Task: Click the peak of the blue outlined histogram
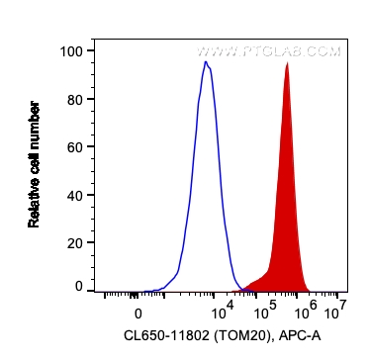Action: (x=205, y=62)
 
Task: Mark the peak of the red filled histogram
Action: (x=287, y=63)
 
